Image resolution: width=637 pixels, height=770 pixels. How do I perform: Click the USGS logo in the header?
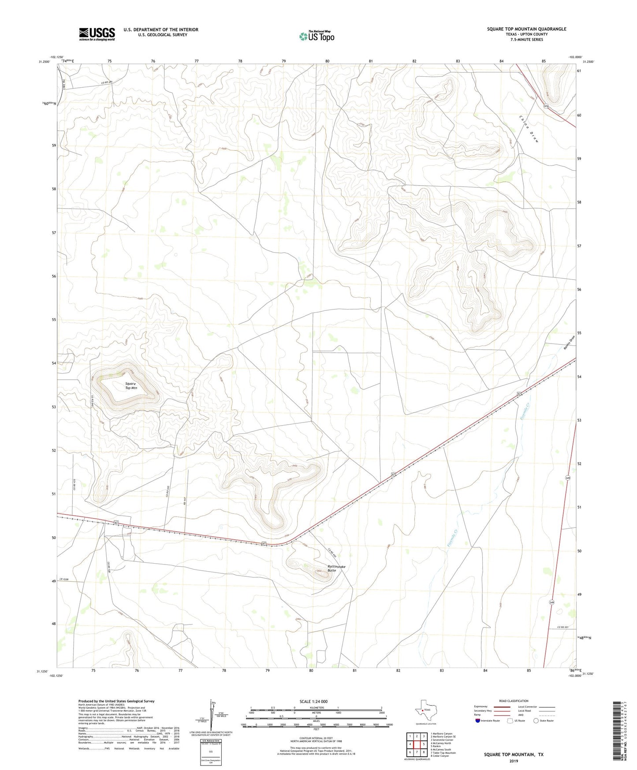tap(97, 34)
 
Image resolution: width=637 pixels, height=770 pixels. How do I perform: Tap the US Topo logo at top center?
tap(316, 36)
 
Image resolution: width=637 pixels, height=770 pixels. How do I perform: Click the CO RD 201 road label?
tap(563, 628)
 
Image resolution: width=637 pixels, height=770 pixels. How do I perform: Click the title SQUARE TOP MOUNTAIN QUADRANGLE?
tap(526, 29)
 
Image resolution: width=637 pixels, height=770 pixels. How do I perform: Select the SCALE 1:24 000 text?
tap(313, 701)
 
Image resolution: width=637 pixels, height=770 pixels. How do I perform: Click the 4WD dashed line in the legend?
tap(547, 715)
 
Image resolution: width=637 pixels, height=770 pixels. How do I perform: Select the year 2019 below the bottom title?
tap(514, 761)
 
